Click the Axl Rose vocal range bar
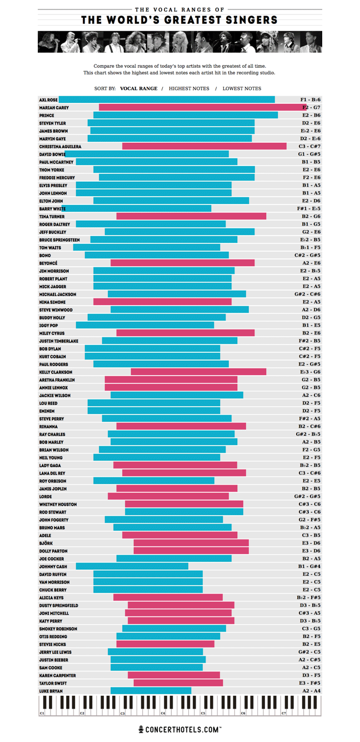167,100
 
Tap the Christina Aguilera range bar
204,147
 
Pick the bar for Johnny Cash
132,566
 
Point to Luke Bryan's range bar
151,691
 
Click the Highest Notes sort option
189,88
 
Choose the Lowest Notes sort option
242,88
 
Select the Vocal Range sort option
138,88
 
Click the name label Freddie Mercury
57,178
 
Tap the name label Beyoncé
48,263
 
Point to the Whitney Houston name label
58,505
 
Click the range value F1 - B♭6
310,100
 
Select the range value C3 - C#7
310,147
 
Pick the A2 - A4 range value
311,691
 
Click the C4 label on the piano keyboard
163,713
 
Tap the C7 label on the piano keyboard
284,713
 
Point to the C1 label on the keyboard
42,713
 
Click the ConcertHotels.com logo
180,729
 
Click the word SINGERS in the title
248,21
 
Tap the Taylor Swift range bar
178,683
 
